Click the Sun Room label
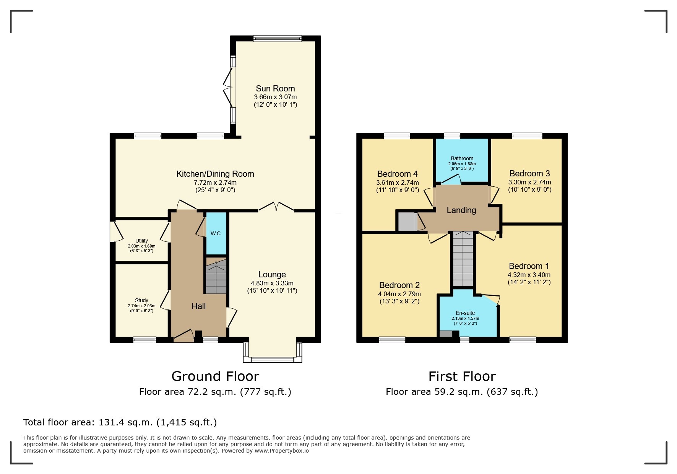[275, 88]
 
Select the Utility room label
[141, 241]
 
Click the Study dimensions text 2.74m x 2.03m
[141, 306]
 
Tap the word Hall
[198, 306]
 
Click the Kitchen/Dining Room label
[215, 174]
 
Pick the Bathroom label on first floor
[462, 158]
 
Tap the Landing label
[461, 210]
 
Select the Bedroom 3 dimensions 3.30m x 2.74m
[529, 182]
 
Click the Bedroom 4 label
[397, 174]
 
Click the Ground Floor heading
[215, 376]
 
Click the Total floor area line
[120, 422]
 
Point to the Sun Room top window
[277, 38]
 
